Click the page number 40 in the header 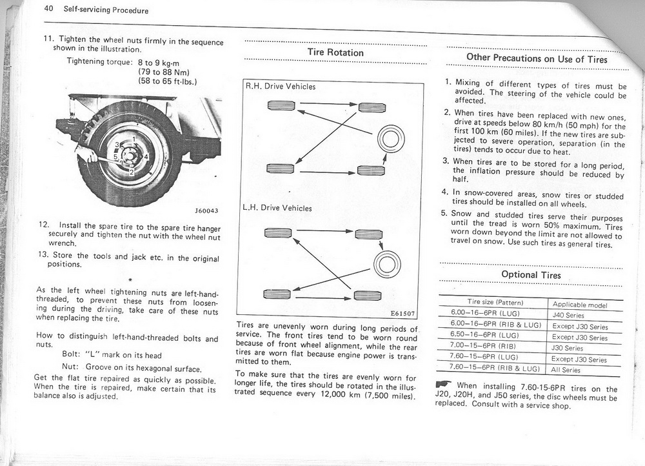pos(49,10)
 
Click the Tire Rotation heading pos(335,52)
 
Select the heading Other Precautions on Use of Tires pos(537,59)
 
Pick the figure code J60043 pos(206,210)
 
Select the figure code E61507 pos(404,314)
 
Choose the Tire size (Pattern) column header pos(495,302)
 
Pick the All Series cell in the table pos(566,370)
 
